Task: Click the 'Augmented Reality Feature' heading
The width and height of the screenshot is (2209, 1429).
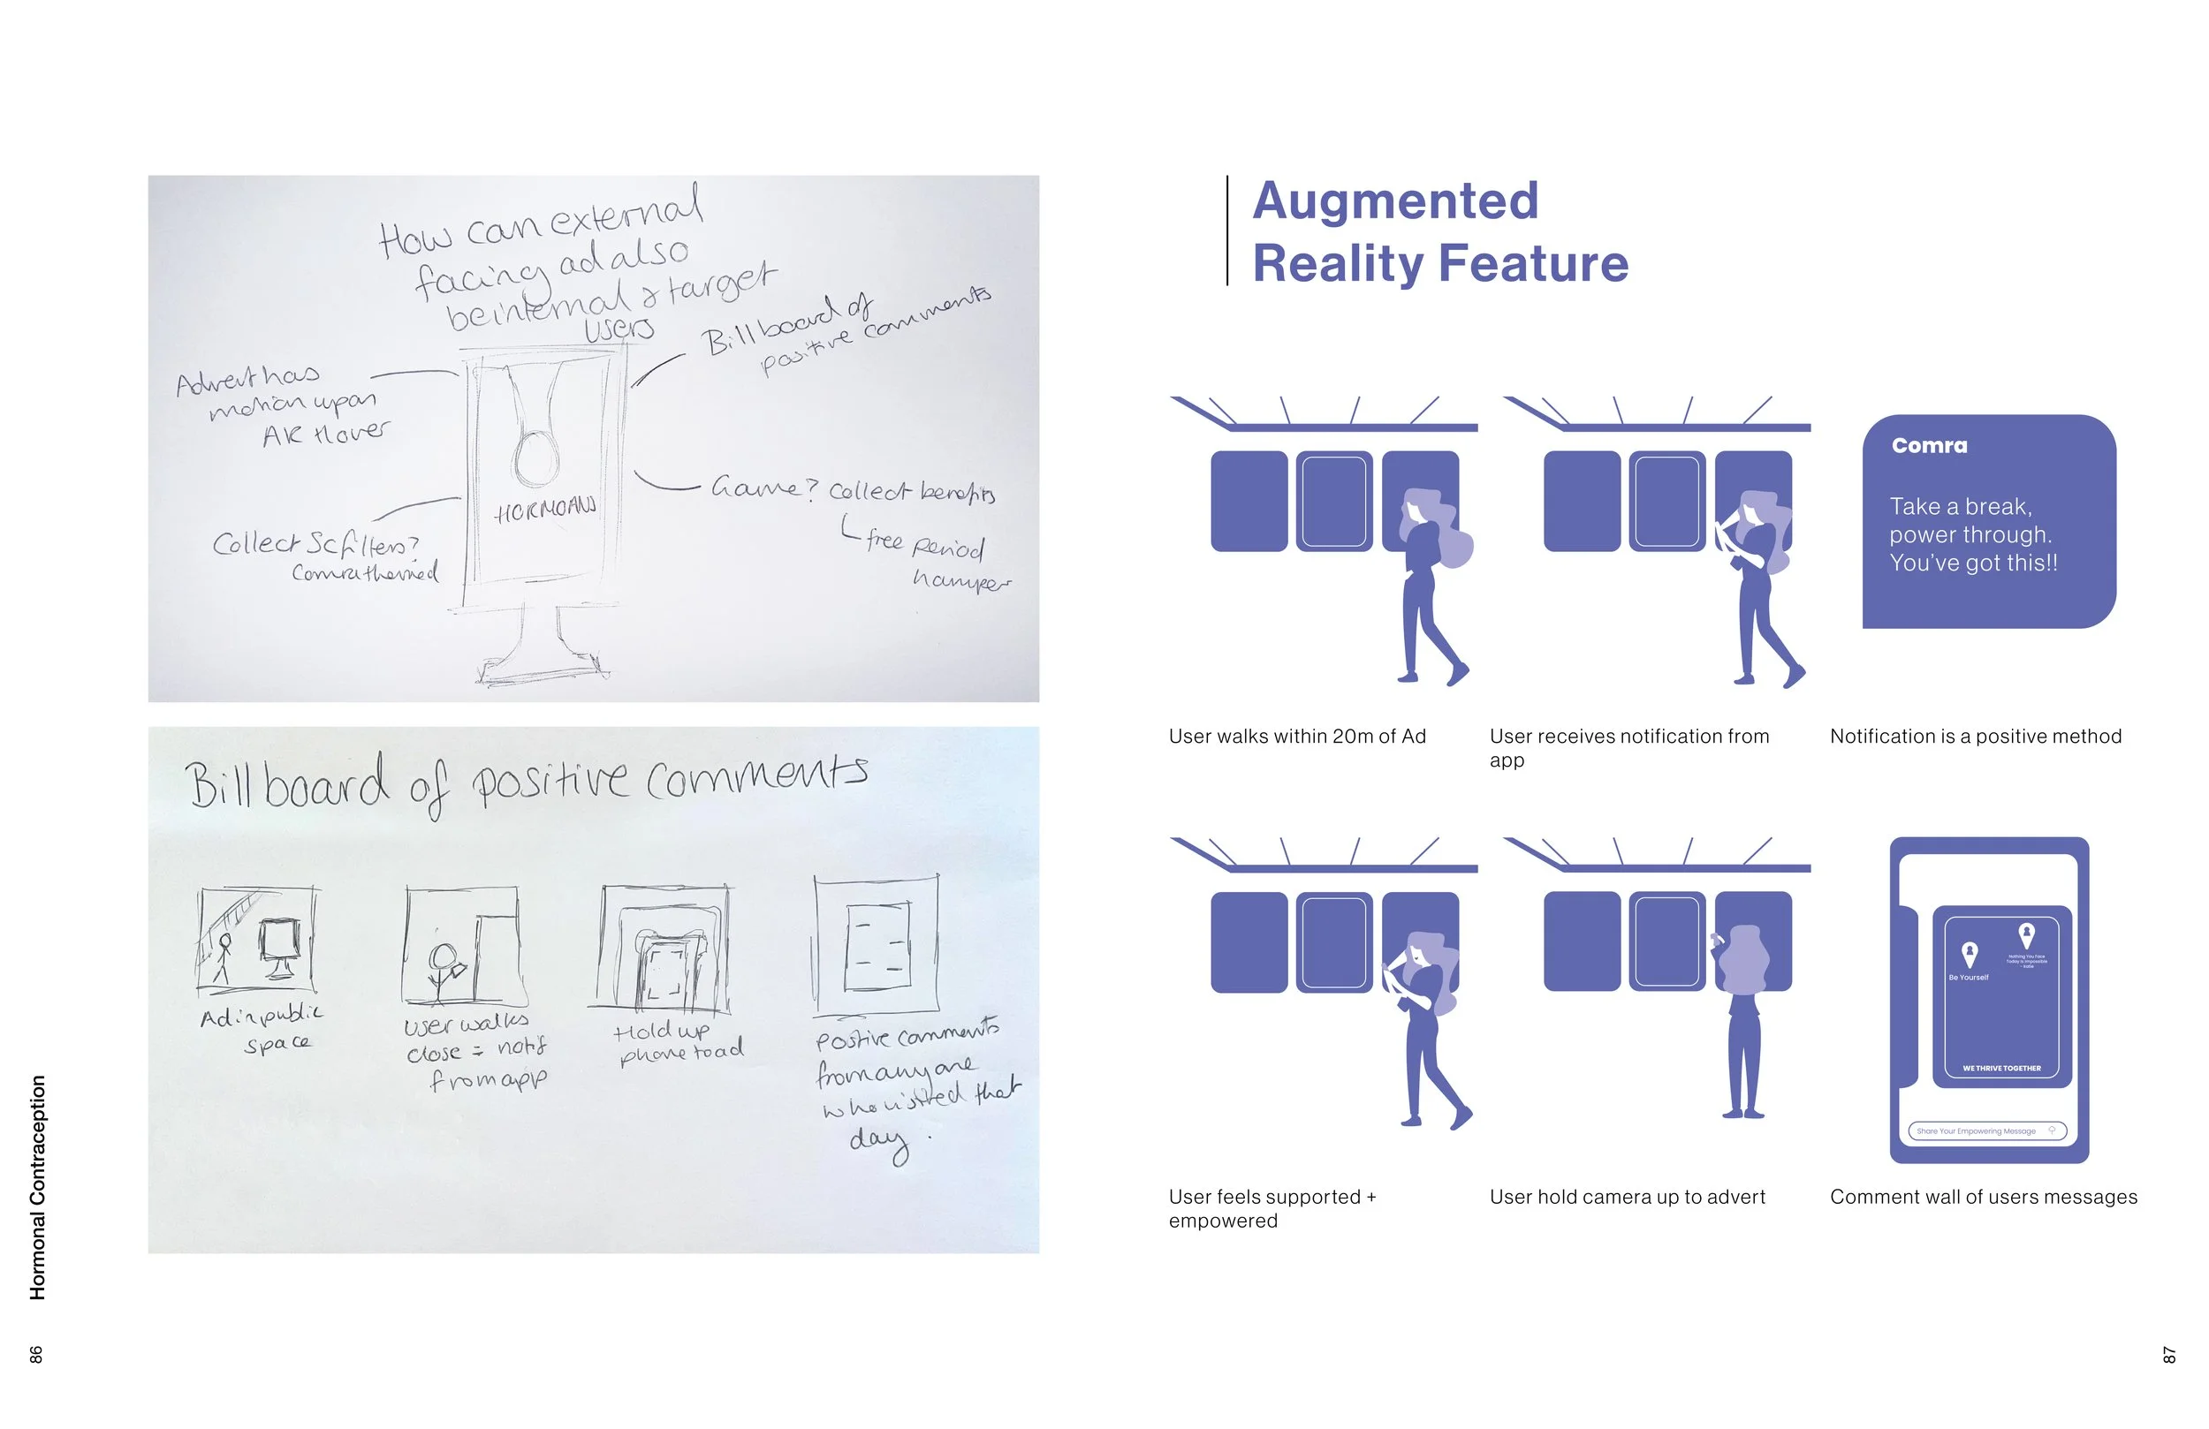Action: coord(1440,232)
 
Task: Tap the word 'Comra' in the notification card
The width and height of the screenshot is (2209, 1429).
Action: coord(1929,445)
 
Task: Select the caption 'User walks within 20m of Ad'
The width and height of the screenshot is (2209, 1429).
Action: coord(1296,737)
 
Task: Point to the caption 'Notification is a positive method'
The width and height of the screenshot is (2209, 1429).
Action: coord(1975,737)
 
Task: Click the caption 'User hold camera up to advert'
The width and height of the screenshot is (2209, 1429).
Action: coord(1627,1197)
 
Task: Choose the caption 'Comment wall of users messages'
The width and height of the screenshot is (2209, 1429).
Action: coord(1983,1197)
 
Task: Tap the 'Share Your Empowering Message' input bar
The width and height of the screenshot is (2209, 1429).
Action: coord(1986,1131)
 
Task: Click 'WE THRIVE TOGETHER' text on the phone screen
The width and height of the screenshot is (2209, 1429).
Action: coord(2001,1068)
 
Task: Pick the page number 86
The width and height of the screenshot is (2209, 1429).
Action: coord(36,1354)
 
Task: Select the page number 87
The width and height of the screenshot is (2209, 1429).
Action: coord(2169,1355)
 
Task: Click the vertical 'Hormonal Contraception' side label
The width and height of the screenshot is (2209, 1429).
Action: coord(38,1187)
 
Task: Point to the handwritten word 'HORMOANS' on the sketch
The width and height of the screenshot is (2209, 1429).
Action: coord(545,509)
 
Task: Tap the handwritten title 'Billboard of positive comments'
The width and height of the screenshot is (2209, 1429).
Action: coord(526,783)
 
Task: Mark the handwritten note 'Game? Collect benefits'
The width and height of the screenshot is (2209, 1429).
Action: coord(852,489)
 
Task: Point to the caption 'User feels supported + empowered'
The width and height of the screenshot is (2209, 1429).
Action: coord(1272,1209)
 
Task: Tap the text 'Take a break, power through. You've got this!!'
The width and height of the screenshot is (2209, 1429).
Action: coord(1973,534)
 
